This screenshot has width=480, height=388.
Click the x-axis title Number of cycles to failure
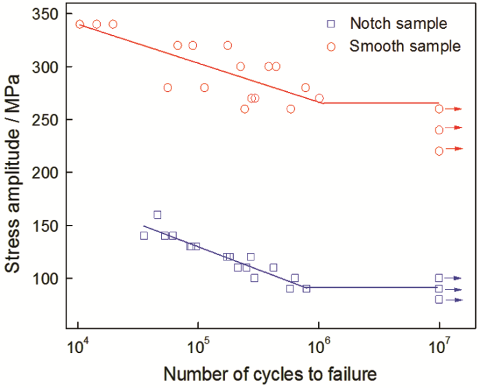269,374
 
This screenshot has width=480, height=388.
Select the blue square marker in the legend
331,23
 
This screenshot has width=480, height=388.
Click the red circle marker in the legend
331,47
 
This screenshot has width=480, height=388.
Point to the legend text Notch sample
398,23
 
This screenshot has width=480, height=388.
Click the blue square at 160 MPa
157,215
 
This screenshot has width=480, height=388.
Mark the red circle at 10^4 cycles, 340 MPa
80,24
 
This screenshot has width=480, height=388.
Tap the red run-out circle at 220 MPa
439,151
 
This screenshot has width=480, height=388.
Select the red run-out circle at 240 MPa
439,130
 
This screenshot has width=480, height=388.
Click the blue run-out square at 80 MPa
439,300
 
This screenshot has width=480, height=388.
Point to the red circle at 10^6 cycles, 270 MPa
319,98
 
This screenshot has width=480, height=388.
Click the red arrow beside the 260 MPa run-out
455,109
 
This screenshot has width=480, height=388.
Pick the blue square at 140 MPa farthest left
144,236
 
